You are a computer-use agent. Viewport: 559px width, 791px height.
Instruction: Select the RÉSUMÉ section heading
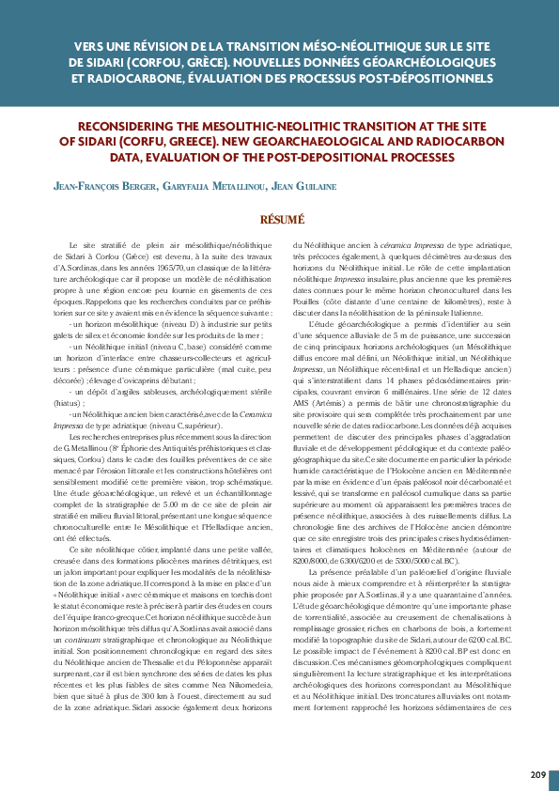click(x=279, y=220)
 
